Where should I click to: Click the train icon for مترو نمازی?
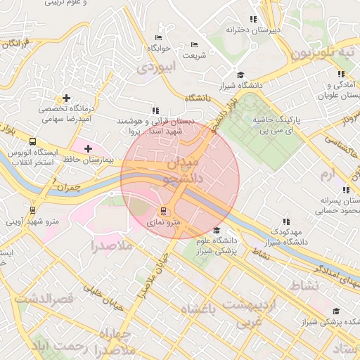[164, 210]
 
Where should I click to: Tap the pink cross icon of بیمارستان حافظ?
[88, 148]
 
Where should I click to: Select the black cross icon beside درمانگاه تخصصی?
[67, 98]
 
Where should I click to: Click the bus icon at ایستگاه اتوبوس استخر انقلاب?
[33, 141]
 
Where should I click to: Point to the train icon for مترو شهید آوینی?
[33, 210]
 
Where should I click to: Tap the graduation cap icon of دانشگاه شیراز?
[240, 75]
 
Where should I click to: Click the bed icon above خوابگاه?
[158, 37]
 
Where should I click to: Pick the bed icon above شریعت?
[194, 45]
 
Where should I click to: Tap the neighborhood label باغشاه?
[197, 309]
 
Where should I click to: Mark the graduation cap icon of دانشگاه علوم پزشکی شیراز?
[217, 230]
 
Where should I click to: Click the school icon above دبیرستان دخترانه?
[254, 20]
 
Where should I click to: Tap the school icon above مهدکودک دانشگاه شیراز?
[285, 221]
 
